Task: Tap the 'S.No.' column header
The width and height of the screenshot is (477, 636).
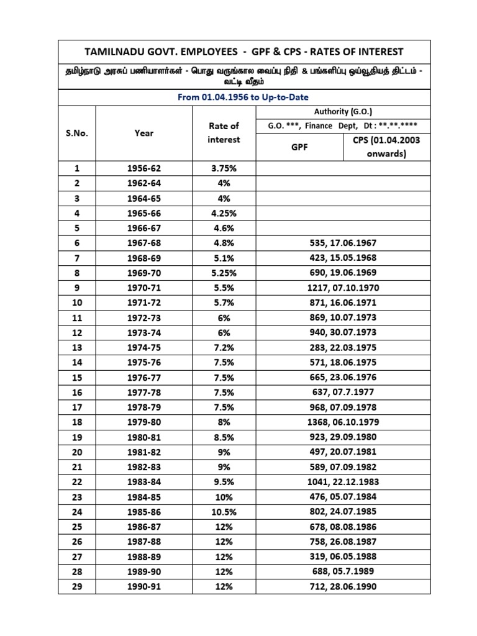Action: [77, 133]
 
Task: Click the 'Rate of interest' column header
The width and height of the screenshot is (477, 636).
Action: [224, 133]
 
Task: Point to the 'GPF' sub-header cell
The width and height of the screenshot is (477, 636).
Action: [299, 147]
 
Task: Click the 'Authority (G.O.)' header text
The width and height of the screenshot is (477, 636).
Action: [343, 112]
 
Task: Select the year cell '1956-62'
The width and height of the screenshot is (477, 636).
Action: [143, 168]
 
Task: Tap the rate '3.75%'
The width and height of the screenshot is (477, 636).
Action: [224, 168]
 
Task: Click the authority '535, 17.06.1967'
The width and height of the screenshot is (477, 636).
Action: [343, 243]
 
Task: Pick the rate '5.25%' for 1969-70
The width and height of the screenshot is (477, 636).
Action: [224, 273]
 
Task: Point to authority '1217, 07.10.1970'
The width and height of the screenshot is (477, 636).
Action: [343, 288]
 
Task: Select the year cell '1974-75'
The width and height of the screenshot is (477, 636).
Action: [143, 347]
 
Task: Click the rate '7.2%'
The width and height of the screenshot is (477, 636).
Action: [224, 347]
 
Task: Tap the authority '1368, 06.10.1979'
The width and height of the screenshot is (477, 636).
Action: [343, 422]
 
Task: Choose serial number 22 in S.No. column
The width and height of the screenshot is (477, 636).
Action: [77, 481]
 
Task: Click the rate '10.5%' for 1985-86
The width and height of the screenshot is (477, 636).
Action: [224, 511]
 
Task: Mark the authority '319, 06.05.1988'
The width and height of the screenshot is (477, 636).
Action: [343, 556]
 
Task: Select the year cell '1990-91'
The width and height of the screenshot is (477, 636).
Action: [143, 586]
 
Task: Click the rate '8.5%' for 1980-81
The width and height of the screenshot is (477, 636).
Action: [224, 437]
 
